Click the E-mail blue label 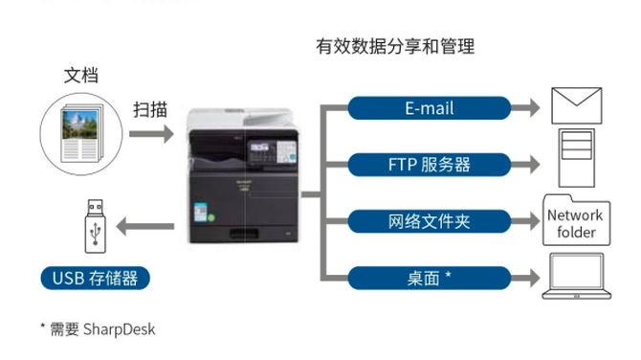point(430,108)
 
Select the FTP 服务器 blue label point(430,165)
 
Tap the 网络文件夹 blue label point(430,221)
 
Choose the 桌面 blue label point(430,279)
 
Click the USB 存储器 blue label point(96,279)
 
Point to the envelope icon point(576,105)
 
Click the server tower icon point(576,158)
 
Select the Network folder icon point(576,220)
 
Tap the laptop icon point(576,276)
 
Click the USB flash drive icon point(96,226)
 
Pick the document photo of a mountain point(79,124)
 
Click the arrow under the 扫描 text point(151,134)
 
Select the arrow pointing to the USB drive point(145,226)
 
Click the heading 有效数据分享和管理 point(395,46)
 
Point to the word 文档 point(81,76)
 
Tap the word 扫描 point(150,110)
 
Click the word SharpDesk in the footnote point(119,329)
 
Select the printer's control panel point(273,151)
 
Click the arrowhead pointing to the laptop point(535,279)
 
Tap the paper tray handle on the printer point(244,234)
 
